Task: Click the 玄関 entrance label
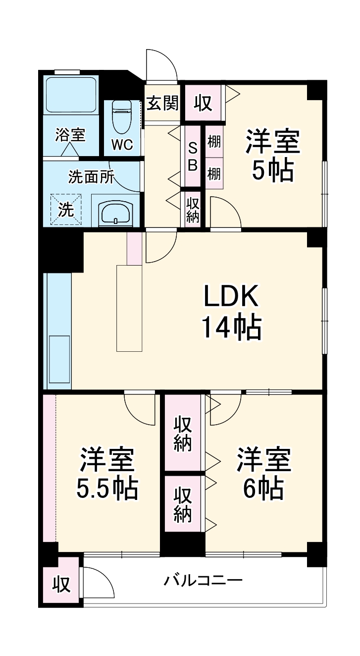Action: pyautogui.click(x=163, y=104)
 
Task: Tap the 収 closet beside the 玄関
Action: pyautogui.click(x=203, y=103)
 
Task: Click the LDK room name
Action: pyautogui.click(x=231, y=297)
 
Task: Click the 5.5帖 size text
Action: pyautogui.click(x=107, y=489)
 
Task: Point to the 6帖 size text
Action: pyautogui.click(x=263, y=489)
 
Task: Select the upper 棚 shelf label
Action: pyautogui.click(x=214, y=142)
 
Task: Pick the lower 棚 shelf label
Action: pyautogui.click(x=214, y=174)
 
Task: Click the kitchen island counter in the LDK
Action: pyautogui.click(x=129, y=308)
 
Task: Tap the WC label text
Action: pyautogui.click(x=122, y=145)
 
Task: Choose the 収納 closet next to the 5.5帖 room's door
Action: pyautogui.click(x=183, y=433)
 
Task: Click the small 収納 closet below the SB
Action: pyautogui.click(x=193, y=210)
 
